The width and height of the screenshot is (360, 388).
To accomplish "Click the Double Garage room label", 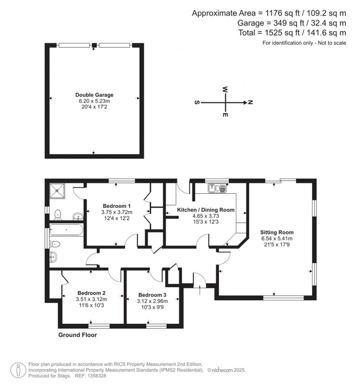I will coord(94,95).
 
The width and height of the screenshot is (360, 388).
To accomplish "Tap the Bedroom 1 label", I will coord(117,206).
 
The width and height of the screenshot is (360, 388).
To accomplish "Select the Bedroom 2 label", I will coord(91,293).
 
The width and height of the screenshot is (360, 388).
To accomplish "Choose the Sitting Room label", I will coord(277,232).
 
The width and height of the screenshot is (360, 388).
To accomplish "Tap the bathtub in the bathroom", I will coord(66,230).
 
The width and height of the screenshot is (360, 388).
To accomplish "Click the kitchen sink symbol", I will coord(218,189).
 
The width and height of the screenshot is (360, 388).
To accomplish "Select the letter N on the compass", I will coord(250,103).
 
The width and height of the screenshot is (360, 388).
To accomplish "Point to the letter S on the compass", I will coord(197,103).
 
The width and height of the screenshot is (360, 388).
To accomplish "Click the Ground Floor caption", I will coord(77,335).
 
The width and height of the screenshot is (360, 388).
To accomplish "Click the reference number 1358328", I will coord(96,376).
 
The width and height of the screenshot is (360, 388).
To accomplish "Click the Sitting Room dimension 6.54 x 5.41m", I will coord(277,238).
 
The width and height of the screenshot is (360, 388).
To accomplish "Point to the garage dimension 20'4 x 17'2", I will coord(94,106).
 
